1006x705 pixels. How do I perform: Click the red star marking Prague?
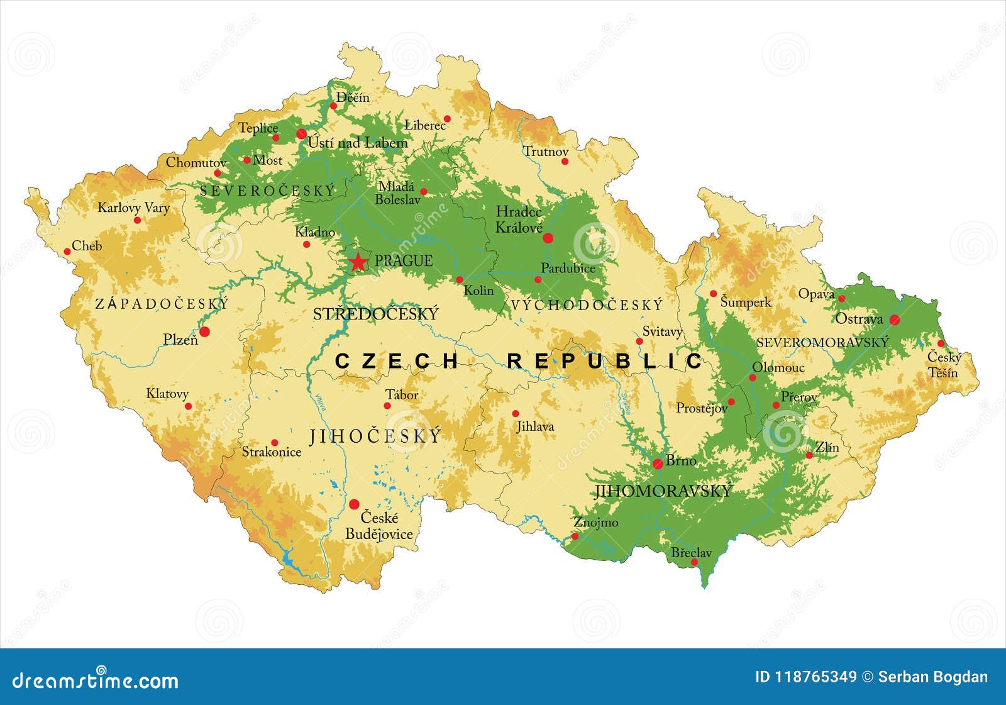tap(358, 262)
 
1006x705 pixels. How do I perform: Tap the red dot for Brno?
tap(658, 464)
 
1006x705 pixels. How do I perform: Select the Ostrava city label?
tap(859, 319)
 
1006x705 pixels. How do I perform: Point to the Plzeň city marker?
tap(204, 331)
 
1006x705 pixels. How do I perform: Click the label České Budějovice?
tap(379, 526)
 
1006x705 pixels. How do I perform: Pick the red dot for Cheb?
tap(67, 252)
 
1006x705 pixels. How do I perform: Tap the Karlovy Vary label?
tap(133, 208)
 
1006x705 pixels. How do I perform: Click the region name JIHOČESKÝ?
tap(375, 436)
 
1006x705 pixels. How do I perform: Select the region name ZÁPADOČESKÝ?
tap(162, 304)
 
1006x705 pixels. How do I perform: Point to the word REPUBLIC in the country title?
tap(605, 361)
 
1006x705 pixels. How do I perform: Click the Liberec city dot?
tap(448, 118)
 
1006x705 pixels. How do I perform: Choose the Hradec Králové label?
tap(519, 219)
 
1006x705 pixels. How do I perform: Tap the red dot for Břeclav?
tap(694, 562)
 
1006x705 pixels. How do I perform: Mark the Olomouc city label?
tap(778, 367)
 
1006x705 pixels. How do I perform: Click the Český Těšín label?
tap(944, 365)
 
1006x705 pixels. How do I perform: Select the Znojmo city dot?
tap(575, 536)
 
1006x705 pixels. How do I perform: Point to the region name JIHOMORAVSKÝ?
tap(663, 491)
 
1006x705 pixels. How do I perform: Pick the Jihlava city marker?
tap(516, 413)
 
